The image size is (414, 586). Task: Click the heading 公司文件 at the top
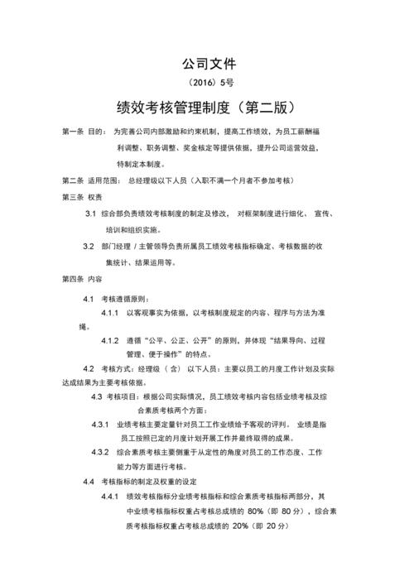(x=208, y=63)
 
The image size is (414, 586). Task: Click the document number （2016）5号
(x=208, y=83)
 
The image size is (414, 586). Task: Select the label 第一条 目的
(x=84, y=132)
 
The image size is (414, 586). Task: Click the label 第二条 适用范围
(x=91, y=180)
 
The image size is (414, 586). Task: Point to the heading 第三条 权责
(x=82, y=197)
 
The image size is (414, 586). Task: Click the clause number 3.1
(x=90, y=214)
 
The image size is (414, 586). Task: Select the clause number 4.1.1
(x=112, y=313)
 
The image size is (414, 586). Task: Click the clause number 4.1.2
(x=112, y=340)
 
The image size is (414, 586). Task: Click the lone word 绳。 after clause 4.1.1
(x=84, y=326)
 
